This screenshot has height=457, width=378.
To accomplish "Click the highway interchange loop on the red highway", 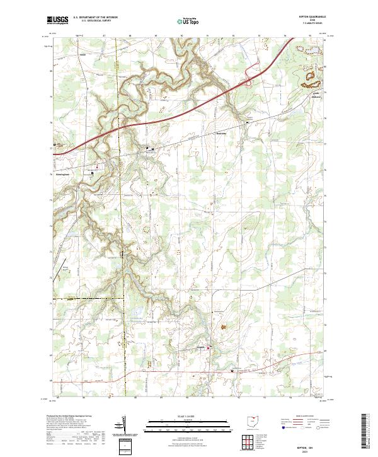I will point(250,78).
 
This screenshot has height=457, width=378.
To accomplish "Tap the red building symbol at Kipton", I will point(211,349).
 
